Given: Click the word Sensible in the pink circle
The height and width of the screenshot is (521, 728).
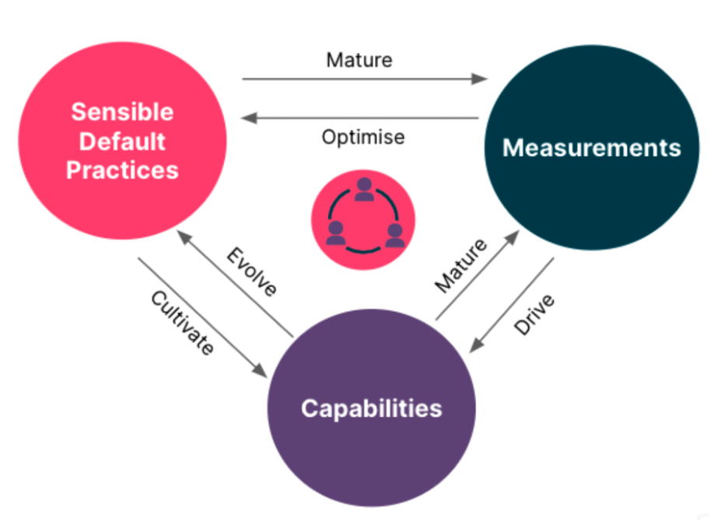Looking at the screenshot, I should tap(122, 112).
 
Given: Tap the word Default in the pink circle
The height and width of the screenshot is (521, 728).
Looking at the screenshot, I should tap(122, 141).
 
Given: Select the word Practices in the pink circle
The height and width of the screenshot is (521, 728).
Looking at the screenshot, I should tap(122, 170).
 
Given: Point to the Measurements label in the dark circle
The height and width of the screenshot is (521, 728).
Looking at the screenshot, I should tap(591, 148).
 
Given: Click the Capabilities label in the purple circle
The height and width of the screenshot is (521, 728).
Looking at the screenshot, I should tap(371, 408).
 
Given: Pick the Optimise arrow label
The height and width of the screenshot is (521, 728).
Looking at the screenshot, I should tap(363, 138).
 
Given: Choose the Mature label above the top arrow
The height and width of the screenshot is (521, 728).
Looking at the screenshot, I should tap(359, 60).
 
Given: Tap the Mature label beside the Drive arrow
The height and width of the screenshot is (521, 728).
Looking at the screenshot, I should tap(461, 266).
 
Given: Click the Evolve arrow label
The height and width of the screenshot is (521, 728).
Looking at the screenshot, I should tap(251, 272).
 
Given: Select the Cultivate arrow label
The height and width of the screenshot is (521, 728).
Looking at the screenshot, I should tap(182, 323).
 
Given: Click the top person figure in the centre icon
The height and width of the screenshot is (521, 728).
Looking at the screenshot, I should tap(363, 190).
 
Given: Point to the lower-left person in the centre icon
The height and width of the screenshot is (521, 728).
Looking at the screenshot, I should tap(335, 233).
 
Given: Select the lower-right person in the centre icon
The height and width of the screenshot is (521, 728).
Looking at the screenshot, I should tap(394, 234).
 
